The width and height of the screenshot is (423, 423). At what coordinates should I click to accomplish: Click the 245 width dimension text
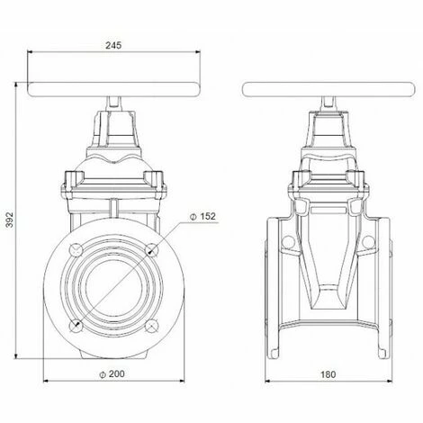pyautogui.click(x=113, y=41)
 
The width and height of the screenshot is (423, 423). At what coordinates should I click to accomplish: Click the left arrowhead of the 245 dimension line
pyautogui.click(x=31, y=53)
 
